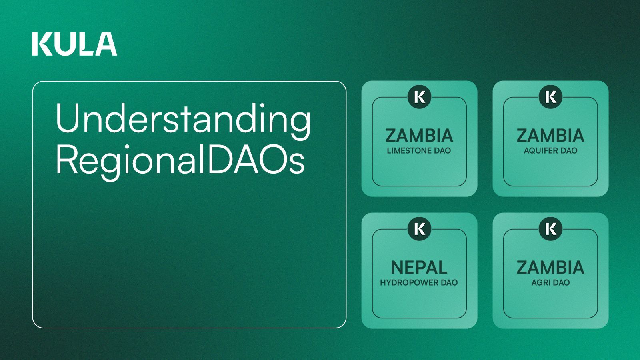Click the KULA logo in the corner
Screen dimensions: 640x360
74,44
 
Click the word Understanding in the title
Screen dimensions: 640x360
183,119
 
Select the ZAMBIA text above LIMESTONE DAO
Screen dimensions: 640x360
419,136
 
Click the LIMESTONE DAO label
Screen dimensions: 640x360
419,150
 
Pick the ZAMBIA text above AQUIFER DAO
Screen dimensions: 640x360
550,136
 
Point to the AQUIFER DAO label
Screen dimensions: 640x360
550,150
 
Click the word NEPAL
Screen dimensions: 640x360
419,268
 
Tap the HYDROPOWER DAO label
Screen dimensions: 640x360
419,282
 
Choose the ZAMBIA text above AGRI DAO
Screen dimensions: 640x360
550,268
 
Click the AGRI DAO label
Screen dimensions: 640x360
550,282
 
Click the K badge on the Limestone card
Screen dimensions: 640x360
419,97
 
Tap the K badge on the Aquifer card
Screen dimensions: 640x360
550,97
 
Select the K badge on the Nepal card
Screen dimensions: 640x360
419,229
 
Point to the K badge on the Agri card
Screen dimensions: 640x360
550,229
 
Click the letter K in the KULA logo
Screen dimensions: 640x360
42,44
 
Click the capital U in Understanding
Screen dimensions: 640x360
67,118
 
